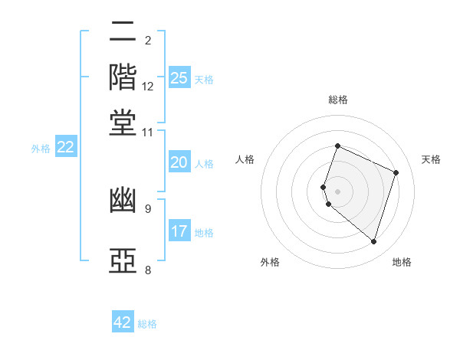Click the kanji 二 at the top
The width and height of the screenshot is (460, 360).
click(x=123, y=31)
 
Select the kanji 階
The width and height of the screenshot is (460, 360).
click(x=123, y=77)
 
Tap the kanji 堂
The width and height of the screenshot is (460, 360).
click(x=123, y=123)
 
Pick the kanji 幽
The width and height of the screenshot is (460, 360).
click(x=123, y=201)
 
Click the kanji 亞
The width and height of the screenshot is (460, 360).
click(x=123, y=260)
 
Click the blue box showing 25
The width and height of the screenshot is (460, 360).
click(x=179, y=77)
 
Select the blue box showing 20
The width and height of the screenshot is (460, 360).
click(x=179, y=162)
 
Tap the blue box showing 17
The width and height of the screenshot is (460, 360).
click(x=179, y=230)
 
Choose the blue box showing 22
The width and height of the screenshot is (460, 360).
click(x=66, y=146)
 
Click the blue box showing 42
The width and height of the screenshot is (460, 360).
click(x=123, y=321)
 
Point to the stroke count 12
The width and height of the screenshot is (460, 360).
click(x=147, y=87)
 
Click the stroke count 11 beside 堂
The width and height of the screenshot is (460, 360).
click(x=147, y=133)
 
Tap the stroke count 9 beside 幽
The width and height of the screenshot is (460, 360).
click(x=148, y=209)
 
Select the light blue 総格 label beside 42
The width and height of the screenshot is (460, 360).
click(x=147, y=324)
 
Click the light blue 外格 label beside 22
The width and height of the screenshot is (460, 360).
click(x=41, y=149)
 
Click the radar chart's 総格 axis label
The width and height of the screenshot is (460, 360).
click(x=338, y=100)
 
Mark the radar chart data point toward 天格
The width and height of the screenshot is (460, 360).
click(x=396, y=172)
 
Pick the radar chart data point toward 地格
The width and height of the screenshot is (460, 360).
click(x=373, y=242)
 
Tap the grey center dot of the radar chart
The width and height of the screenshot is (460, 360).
click(x=337, y=191)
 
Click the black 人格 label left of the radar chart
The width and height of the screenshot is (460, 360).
click(x=245, y=159)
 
